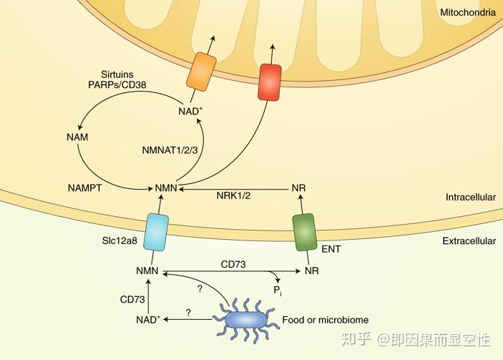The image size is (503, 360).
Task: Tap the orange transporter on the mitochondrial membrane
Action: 201,72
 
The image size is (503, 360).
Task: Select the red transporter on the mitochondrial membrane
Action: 270,82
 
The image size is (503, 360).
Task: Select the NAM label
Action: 77,136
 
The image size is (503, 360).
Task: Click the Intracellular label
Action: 470,197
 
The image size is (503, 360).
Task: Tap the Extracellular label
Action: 469,241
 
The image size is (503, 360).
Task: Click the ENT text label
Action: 331,250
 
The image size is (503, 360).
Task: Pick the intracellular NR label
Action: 300,189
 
